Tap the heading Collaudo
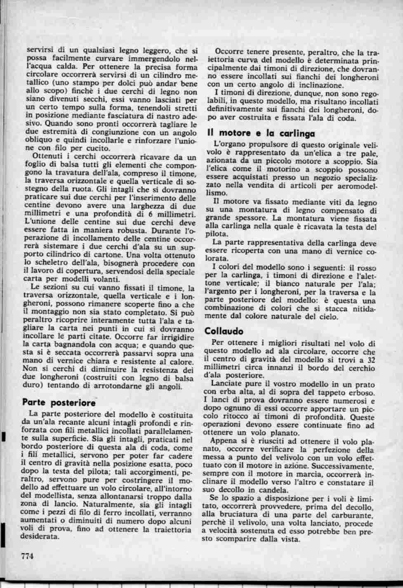click(x=224, y=331)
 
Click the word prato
click(x=367, y=383)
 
